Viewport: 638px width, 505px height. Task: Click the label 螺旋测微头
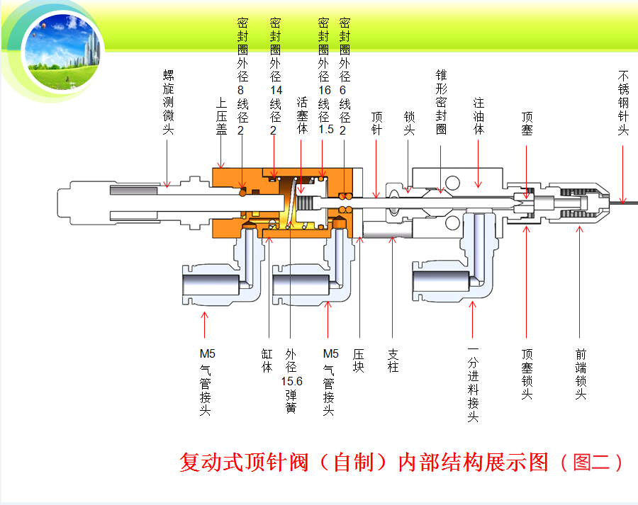(168, 101)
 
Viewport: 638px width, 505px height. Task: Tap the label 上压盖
(221, 116)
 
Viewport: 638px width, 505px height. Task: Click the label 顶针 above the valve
(376, 123)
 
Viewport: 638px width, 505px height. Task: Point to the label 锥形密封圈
(441, 101)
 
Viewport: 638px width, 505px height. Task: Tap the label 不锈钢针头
(623, 101)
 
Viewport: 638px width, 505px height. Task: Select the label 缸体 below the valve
(267, 361)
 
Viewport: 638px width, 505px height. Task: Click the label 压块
(359, 361)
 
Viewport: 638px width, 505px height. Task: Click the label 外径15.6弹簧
(291, 380)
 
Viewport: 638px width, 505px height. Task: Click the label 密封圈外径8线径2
(241, 75)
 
